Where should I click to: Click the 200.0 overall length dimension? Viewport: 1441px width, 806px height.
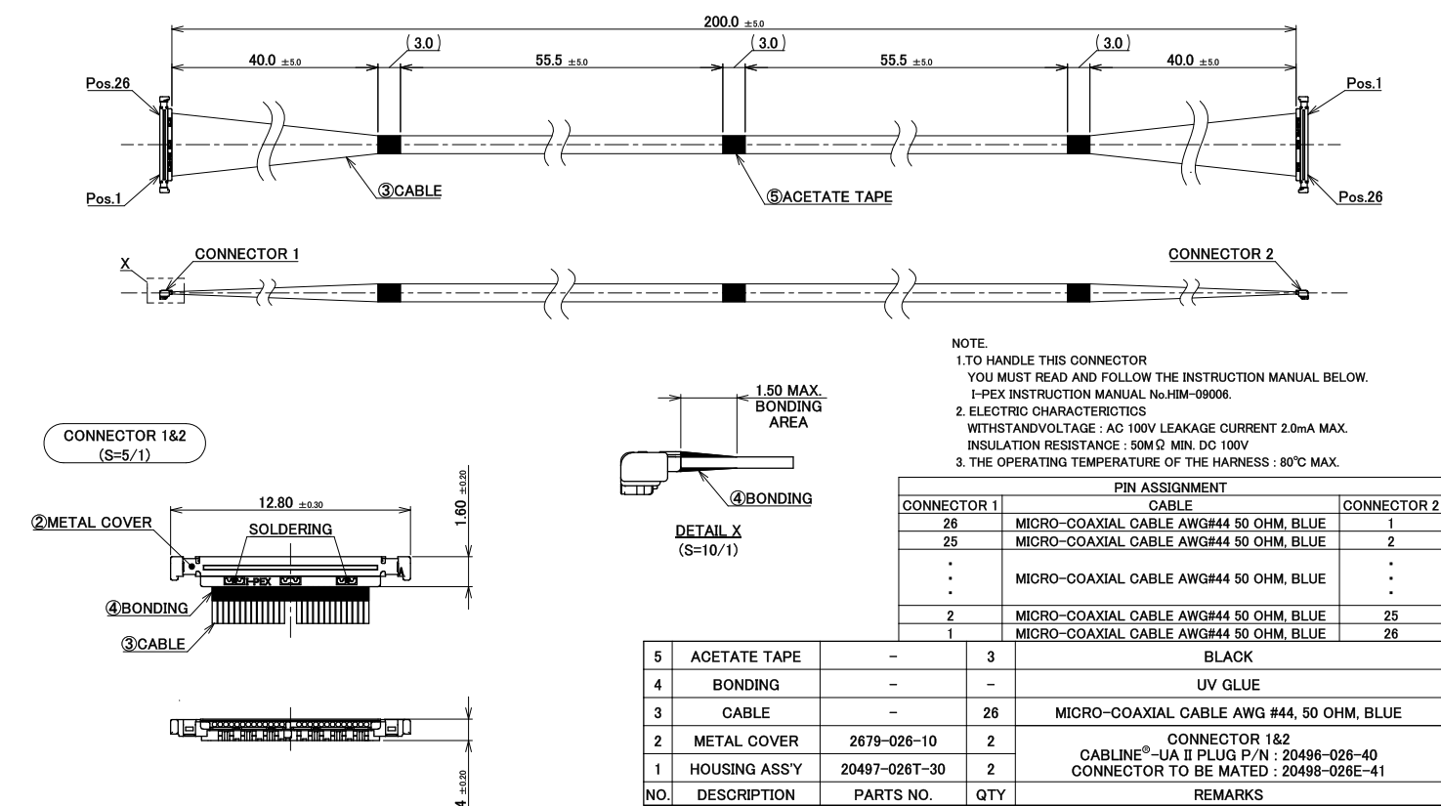(734, 21)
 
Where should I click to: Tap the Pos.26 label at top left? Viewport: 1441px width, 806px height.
(107, 83)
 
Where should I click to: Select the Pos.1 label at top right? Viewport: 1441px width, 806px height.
(1364, 83)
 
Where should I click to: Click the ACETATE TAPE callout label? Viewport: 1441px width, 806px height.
(829, 196)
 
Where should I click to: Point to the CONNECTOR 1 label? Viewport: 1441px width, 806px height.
(247, 254)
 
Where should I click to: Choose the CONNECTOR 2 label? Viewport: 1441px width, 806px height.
(1221, 254)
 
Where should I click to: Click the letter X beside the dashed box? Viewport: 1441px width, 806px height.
(125, 264)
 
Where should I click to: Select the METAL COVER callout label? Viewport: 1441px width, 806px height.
(92, 523)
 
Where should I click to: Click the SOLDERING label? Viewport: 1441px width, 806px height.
(291, 530)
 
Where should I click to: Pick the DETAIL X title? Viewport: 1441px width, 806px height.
(708, 530)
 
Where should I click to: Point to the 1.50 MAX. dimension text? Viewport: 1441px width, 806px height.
(788, 391)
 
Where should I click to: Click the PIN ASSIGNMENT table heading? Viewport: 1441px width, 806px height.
(1170, 488)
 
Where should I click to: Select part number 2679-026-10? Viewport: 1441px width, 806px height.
(893, 741)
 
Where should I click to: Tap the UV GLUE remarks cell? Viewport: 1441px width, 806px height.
(1228, 685)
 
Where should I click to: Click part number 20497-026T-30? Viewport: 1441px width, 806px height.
(893, 769)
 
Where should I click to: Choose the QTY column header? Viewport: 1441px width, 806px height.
(991, 795)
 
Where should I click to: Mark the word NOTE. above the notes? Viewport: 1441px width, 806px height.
(969, 344)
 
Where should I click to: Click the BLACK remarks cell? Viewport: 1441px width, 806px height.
(1228, 657)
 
